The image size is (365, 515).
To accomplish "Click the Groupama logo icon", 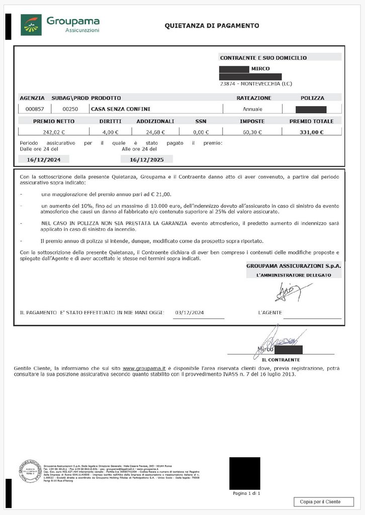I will tap(31, 25).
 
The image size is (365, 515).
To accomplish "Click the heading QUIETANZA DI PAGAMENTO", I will tap(212, 25).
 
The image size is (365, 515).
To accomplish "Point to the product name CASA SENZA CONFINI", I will tap(121, 109).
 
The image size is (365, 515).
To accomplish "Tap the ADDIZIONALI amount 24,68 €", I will tap(155, 132).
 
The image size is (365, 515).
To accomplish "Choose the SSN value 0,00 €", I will tap(200, 132).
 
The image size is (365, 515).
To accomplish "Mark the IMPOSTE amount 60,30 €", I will tap(252, 132).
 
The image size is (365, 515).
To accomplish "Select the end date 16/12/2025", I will tap(147, 159).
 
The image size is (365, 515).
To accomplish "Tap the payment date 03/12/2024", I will tap(190, 312).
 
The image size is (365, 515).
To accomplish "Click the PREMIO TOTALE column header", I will tap(311, 121).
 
